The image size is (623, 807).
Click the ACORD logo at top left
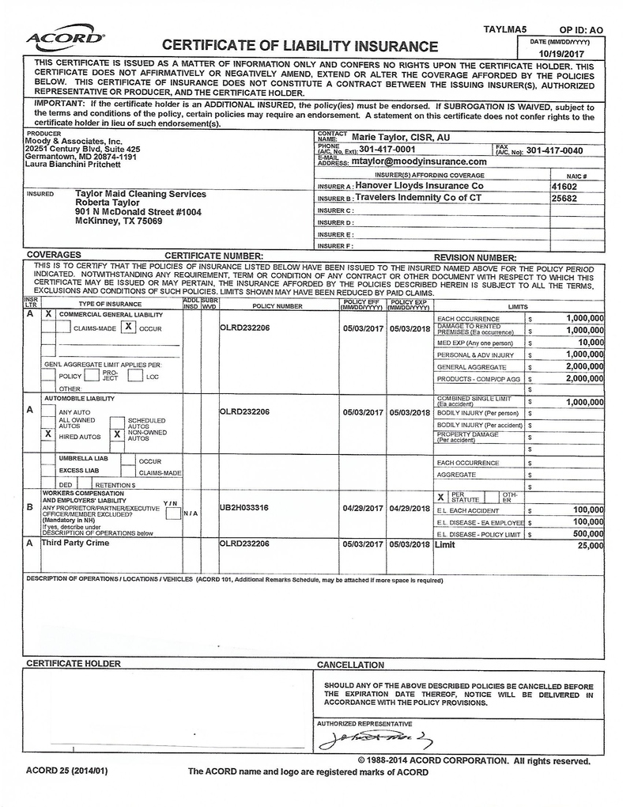[64, 38]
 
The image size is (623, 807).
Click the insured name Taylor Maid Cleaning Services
[140, 194]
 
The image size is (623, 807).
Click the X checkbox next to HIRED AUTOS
[48, 434]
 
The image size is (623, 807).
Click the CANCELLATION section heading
[350, 665]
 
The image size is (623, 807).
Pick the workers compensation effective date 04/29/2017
[363, 508]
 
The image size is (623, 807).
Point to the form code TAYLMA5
[504, 28]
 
